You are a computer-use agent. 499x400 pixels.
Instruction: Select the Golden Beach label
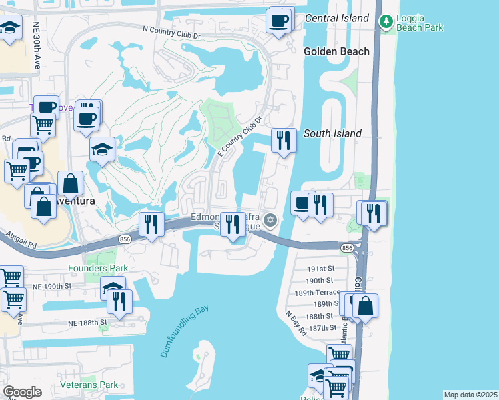336,51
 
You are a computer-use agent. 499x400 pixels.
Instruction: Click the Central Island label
336,18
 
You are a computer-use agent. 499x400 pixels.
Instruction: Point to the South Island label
332,133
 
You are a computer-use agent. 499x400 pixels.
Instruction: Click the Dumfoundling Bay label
185,331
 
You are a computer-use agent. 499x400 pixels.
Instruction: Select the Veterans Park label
89,385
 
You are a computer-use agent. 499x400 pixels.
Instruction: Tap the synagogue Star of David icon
270,219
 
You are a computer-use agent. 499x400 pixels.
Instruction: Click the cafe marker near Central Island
279,20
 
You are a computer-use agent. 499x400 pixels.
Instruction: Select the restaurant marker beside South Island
284,140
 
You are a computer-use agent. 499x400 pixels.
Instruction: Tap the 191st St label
320,269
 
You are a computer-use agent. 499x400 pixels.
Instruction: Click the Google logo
22,393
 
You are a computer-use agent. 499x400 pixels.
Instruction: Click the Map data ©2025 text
470,395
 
